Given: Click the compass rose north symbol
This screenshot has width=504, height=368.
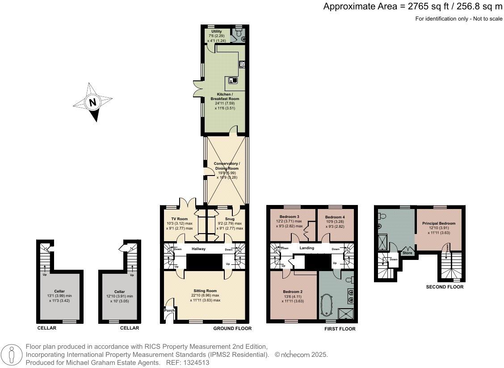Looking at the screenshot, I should pos(92,102).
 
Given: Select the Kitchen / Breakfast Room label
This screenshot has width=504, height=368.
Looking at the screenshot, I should pos(225,96).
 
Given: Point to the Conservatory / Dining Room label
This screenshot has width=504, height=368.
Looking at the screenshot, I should pos(227,166).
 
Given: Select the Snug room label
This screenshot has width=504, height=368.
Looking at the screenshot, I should pos(230,219).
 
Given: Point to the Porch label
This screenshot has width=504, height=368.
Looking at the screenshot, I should pos(169,310).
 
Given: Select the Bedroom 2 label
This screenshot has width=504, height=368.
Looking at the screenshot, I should pos(292,291).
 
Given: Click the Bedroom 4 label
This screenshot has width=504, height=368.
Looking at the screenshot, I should pos(334,217).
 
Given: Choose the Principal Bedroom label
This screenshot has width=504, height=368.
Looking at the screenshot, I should pos(438,223).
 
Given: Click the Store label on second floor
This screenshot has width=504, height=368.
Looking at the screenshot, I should pos(407,253).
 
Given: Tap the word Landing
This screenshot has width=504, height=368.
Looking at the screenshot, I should pos(307,248).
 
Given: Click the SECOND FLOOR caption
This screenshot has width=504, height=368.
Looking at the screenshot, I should pos(445,287).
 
